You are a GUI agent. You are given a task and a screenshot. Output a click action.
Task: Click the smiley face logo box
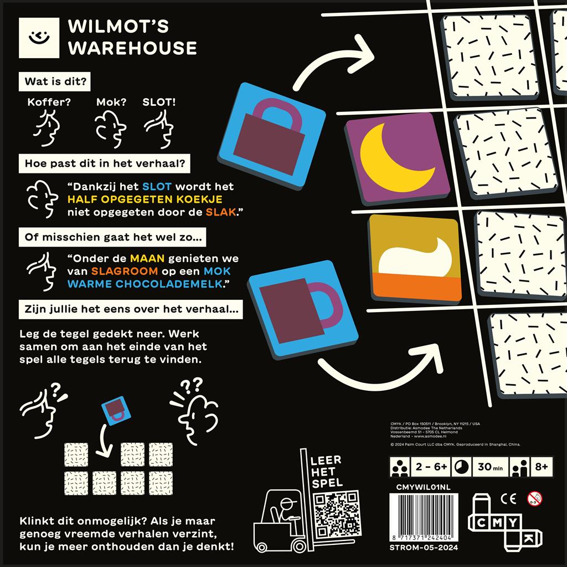[x=38, y=38]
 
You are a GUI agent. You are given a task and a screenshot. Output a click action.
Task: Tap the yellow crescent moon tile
[x=398, y=159]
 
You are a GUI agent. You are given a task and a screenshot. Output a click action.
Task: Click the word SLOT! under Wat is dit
[x=159, y=103]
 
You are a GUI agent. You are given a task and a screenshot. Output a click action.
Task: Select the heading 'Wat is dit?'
[x=55, y=81]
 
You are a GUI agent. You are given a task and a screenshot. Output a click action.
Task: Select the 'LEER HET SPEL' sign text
[x=327, y=471]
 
